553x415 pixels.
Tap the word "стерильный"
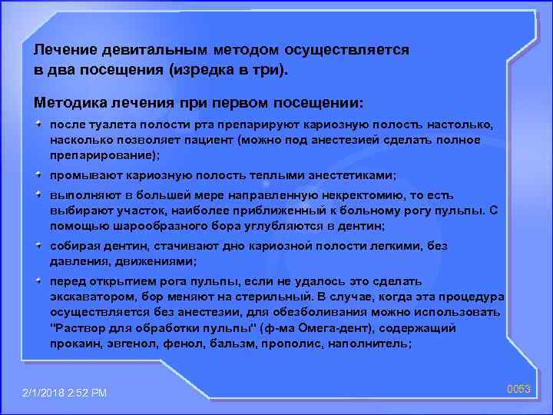[273, 297]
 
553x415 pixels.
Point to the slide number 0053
[518, 390]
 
